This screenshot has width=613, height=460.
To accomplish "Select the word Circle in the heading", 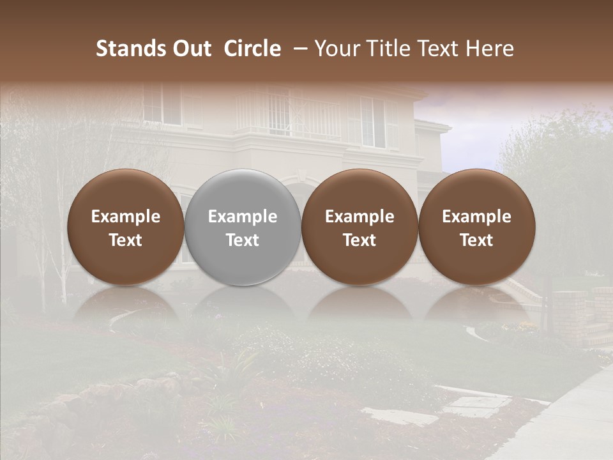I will tap(252, 49).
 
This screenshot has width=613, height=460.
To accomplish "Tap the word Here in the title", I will tap(490, 49).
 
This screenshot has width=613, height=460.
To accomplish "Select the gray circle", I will tap(243, 227).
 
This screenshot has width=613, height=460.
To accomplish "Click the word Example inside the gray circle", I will tap(243, 217).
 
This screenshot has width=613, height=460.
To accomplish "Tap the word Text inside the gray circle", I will tap(243, 240).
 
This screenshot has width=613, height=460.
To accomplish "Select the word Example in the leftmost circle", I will tap(126, 217).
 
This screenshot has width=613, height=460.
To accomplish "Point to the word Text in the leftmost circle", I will tap(126, 240).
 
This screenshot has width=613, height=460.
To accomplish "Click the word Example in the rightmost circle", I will tap(477, 217).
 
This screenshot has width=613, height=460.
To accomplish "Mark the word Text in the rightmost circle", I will tap(477, 240).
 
